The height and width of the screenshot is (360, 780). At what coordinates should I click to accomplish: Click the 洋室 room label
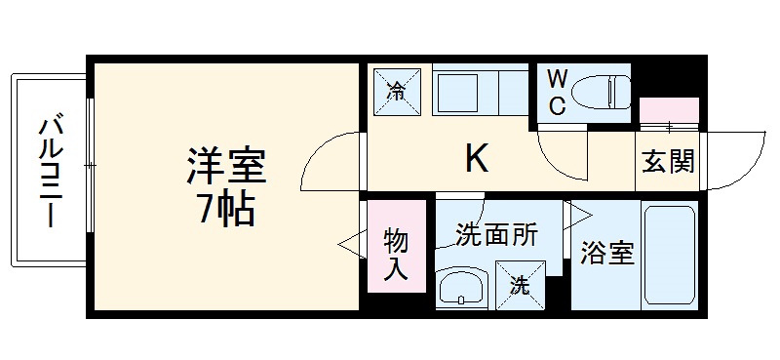[226, 167]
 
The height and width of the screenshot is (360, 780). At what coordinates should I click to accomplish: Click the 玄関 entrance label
[668, 161]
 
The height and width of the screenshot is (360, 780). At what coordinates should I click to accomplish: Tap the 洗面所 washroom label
[496, 235]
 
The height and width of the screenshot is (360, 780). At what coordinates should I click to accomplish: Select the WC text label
[555, 93]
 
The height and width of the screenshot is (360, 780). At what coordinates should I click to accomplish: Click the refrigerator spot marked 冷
[398, 92]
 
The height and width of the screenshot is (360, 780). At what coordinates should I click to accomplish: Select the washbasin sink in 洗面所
[461, 289]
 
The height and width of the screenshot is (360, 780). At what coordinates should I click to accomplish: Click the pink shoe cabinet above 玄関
[669, 110]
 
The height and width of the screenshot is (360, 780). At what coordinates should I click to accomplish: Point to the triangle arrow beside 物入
[348, 244]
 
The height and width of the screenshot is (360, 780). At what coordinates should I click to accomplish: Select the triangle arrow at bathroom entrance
[578, 213]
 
